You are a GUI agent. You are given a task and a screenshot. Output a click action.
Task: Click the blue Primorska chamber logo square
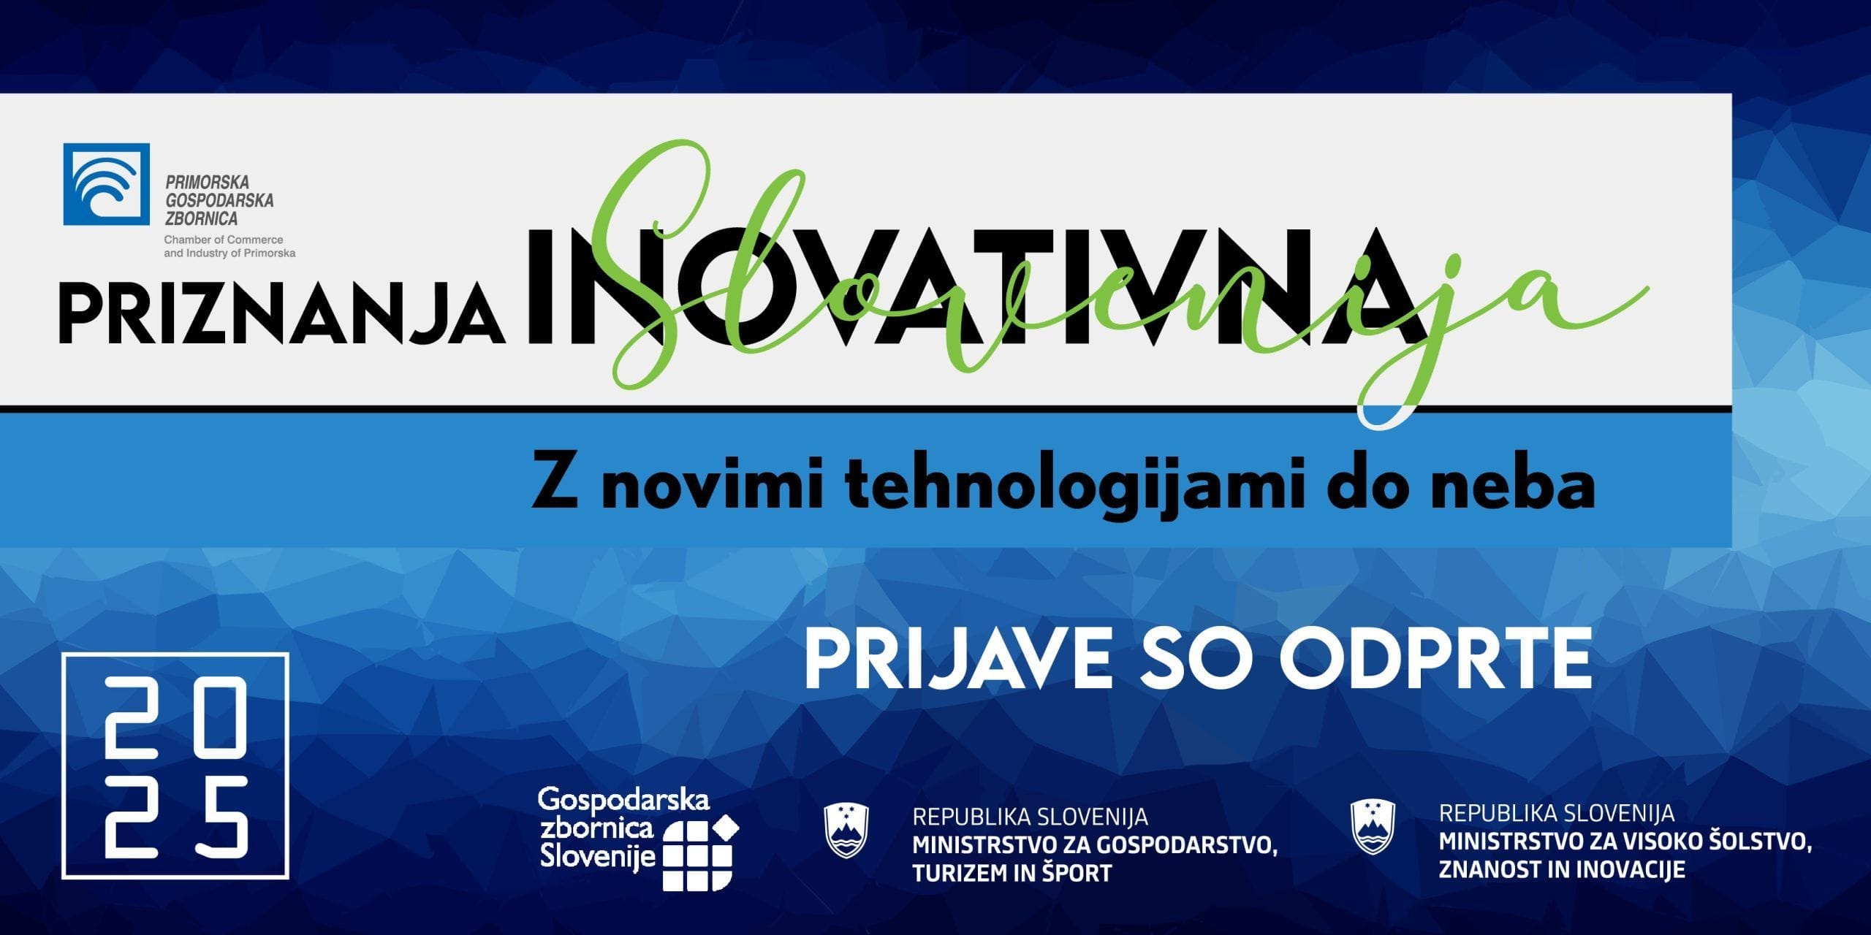(x=107, y=184)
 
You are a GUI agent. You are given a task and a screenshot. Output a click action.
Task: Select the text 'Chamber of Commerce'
(x=224, y=240)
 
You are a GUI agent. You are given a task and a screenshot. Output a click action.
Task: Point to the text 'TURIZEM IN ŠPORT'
(x=1012, y=873)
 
